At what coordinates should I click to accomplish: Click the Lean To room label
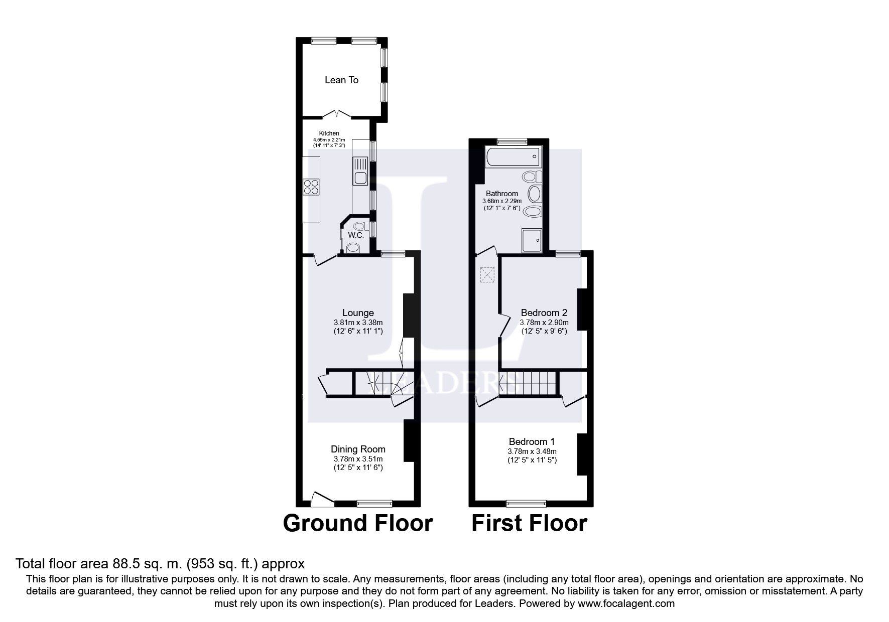(341, 80)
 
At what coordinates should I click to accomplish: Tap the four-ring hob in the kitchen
(311, 187)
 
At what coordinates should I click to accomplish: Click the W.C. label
(355, 235)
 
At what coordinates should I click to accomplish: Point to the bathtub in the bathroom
(513, 157)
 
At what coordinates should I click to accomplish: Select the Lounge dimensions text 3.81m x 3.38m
(358, 323)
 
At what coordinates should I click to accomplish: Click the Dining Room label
(358, 449)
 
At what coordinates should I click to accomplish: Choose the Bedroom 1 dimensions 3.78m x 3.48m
(532, 451)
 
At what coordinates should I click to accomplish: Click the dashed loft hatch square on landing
(487, 275)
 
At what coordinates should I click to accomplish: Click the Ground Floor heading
(357, 523)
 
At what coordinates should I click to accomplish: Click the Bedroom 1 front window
(526, 503)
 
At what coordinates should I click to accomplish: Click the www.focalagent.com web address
(626, 603)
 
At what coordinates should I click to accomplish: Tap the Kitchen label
(329, 133)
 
